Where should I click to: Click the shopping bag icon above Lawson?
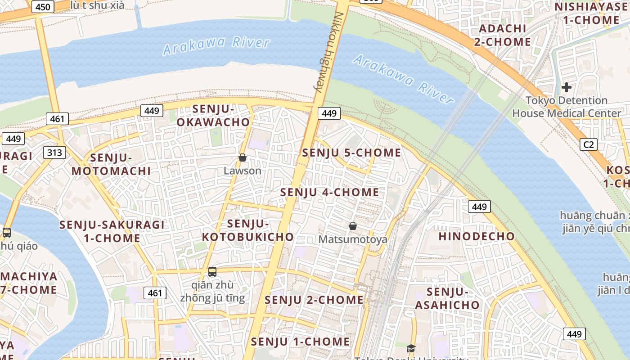(243, 157)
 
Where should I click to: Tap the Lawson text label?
(243, 171)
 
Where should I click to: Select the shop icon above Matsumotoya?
(353, 226)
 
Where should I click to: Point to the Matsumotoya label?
(353, 239)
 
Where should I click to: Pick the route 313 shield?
(55, 153)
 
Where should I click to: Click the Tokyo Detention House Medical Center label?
(566, 107)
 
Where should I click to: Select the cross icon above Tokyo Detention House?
(566, 87)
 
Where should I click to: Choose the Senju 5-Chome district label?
(351, 153)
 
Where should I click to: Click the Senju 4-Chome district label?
(330, 192)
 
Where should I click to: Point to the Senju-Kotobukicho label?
(248, 230)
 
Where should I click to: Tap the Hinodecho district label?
(477, 236)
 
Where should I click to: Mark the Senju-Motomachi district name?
(111, 164)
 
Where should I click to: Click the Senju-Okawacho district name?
(213, 115)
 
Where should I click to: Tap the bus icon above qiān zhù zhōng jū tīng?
(212, 272)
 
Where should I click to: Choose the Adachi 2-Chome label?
(503, 35)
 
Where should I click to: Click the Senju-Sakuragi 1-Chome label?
(112, 231)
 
